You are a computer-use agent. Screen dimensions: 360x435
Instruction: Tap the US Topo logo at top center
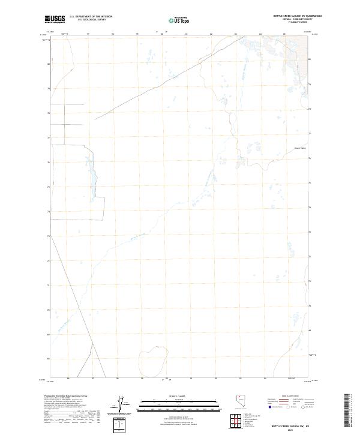[x=180, y=19]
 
